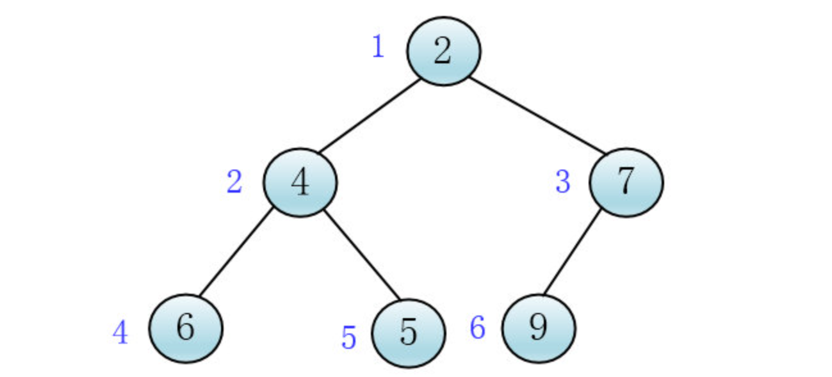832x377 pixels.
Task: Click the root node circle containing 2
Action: pyautogui.click(x=443, y=51)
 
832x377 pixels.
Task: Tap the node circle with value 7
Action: pyautogui.click(x=626, y=182)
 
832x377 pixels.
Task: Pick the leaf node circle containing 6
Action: pyautogui.click(x=186, y=328)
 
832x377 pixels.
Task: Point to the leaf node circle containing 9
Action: pyautogui.click(x=539, y=328)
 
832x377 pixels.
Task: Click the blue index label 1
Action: pyautogui.click(x=379, y=47)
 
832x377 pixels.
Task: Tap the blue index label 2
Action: pyautogui.click(x=234, y=183)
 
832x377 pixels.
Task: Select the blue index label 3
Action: pyautogui.click(x=562, y=182)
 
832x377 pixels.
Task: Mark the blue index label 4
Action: pyautogui.click(x=120, y=333)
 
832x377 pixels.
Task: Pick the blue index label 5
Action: pyautogui.click(x=348, y=337)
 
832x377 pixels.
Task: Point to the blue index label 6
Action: pyautogui.click(x=478, y=328)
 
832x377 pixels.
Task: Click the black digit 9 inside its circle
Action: pyautogui.click(x=539, y=328)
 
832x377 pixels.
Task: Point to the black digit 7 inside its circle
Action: pyautogui.click(x=626, y=182)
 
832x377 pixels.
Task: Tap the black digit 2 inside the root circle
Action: pyautogui.click(x=443, y=51)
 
